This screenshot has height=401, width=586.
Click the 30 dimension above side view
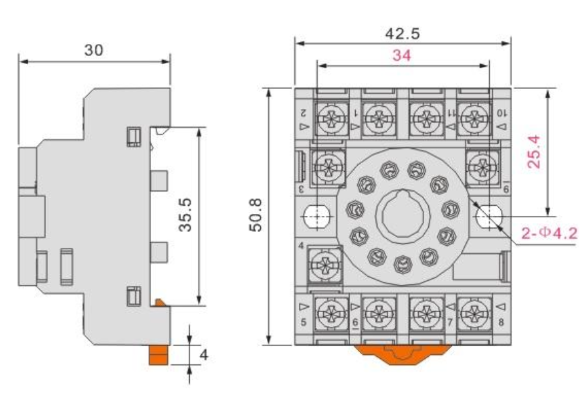click(94, 51)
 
